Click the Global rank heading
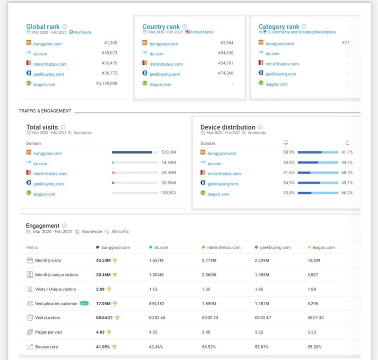tap(43, 26)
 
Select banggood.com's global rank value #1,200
tap(111, 43)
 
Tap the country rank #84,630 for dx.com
tap(226, 53)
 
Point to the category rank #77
tap(345, 43)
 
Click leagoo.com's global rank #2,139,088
tap(107, 83)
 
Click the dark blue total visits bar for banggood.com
tap(132, 152)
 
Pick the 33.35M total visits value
tap(169, 173)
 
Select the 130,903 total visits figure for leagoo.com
tap(168, 193)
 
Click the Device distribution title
tap(228, 127)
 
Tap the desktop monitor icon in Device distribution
tap(286, 143)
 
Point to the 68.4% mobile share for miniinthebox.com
tap(347, 173)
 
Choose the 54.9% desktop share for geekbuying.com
tap(289, 183)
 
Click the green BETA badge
tap(84, 304)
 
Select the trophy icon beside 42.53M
tap(115, 261)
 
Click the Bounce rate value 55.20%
tap(314, 347)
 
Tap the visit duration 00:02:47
tap(263, 318)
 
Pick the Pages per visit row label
tap(49, 332)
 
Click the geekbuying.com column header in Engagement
tap(275, 247)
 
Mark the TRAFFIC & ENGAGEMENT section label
tap(45, 111)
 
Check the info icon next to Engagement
tap(64, 226)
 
